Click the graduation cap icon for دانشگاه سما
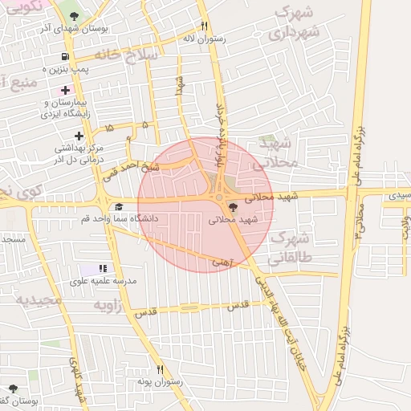[119, 206]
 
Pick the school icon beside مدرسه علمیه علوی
[102, 268]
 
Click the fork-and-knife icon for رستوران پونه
[161, 369]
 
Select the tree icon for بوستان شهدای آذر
[75, 16]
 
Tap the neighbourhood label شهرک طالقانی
[290, 248]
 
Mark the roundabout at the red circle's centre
[218, 197]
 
